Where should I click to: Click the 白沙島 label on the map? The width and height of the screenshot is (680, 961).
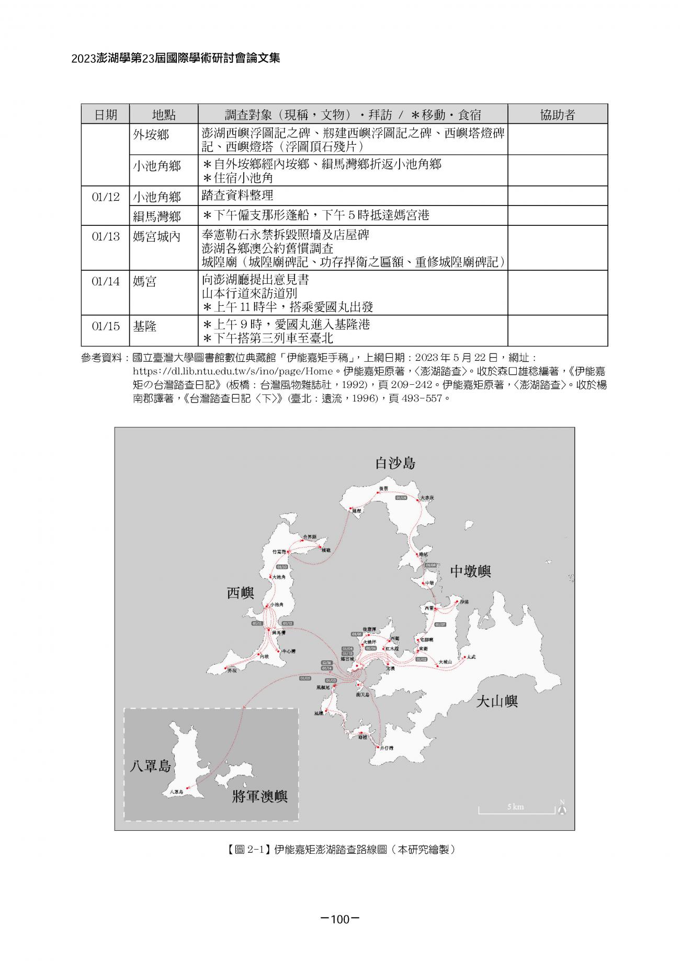point(395,463)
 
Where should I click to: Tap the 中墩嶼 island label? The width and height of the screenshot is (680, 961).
point(470,571)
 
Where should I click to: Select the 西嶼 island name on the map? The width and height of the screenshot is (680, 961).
point(240,593)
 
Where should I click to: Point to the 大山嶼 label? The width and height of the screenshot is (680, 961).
point(496,701)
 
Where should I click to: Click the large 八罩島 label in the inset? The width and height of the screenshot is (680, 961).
point(150,766)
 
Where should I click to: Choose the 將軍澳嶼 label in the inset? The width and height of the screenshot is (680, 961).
point(259,797)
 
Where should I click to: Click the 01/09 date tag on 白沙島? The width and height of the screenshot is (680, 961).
point(401,498)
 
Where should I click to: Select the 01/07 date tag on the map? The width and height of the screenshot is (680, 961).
point(440,624)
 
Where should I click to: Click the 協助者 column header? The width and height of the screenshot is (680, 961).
point(557,115)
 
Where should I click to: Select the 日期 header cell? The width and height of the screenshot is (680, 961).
point(106,115)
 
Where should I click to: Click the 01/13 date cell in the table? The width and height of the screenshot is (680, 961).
point(106,236)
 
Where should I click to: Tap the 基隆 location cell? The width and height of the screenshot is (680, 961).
point(145,326)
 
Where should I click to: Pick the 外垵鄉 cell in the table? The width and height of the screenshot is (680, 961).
point(151,134)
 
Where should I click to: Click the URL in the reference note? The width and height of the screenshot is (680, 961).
point(233,371)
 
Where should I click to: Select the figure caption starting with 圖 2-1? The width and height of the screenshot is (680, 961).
point(341,850)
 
